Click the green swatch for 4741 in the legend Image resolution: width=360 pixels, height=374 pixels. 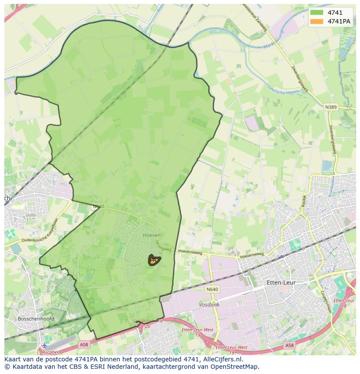317,13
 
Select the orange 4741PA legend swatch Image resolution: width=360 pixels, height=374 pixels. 317,21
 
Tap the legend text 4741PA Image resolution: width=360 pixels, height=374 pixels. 339,21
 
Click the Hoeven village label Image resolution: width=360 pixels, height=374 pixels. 152,235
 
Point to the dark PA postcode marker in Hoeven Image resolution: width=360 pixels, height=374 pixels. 154,260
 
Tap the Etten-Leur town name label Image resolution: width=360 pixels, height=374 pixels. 280,282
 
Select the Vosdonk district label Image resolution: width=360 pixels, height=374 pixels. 209,305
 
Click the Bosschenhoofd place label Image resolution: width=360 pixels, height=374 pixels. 36,318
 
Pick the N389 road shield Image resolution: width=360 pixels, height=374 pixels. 331,106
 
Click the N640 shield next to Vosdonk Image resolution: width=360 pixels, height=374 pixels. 213,289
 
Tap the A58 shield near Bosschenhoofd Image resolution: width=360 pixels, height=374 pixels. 84,344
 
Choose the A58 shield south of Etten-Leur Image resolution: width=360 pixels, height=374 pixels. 289,345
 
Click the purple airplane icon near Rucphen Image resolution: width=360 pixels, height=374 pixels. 44,345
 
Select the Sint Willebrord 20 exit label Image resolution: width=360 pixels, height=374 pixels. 148,324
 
